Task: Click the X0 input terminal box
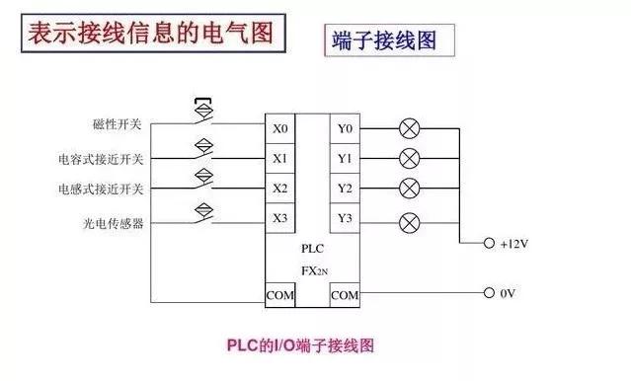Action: tap(280, 128)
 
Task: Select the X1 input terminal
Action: tap(280, 158)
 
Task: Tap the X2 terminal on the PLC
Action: tap(280, 188)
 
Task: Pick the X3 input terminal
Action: tap(280, 218)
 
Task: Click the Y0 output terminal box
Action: tap(345, 128)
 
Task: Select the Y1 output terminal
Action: tap(345, 158)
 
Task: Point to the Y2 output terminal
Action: tap(345, 188)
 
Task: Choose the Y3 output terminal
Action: tap(345, 218)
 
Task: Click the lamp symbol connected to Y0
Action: tap(409, 128)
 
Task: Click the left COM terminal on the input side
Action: tap(280, 294)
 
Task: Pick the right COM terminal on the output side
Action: tap(345, 294)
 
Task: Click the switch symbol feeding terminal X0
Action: tap(205, 116)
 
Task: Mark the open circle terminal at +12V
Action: tap(488, 243)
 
